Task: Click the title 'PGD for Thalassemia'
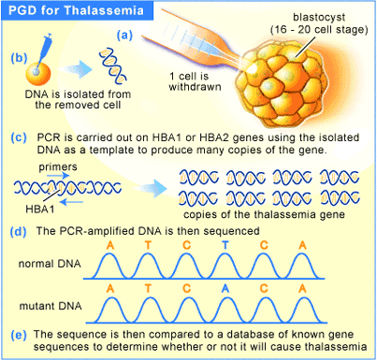[x=76, y=10]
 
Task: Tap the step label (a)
[x=124, y=36]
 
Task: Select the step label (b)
[x=19, y=58]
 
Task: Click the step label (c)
[x=19, y=137]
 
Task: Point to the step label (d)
[x=19, y=232]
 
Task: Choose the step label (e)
[x=19, y=335]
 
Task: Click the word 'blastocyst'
[x=319, y=18]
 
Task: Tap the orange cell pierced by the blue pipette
[x=38, y=73]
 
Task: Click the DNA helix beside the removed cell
[x=113, y=65]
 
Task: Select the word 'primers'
[x=58, y=167]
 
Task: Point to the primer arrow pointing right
[x=58, y=176]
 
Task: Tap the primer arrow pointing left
[x=71, y=202]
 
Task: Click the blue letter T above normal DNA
[x=225, y=246]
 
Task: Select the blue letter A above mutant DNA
[x=225, y=289]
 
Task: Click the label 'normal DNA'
[x=50, y=264]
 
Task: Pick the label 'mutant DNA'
[x=51, y=306]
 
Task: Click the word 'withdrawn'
[x=195, y=87]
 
